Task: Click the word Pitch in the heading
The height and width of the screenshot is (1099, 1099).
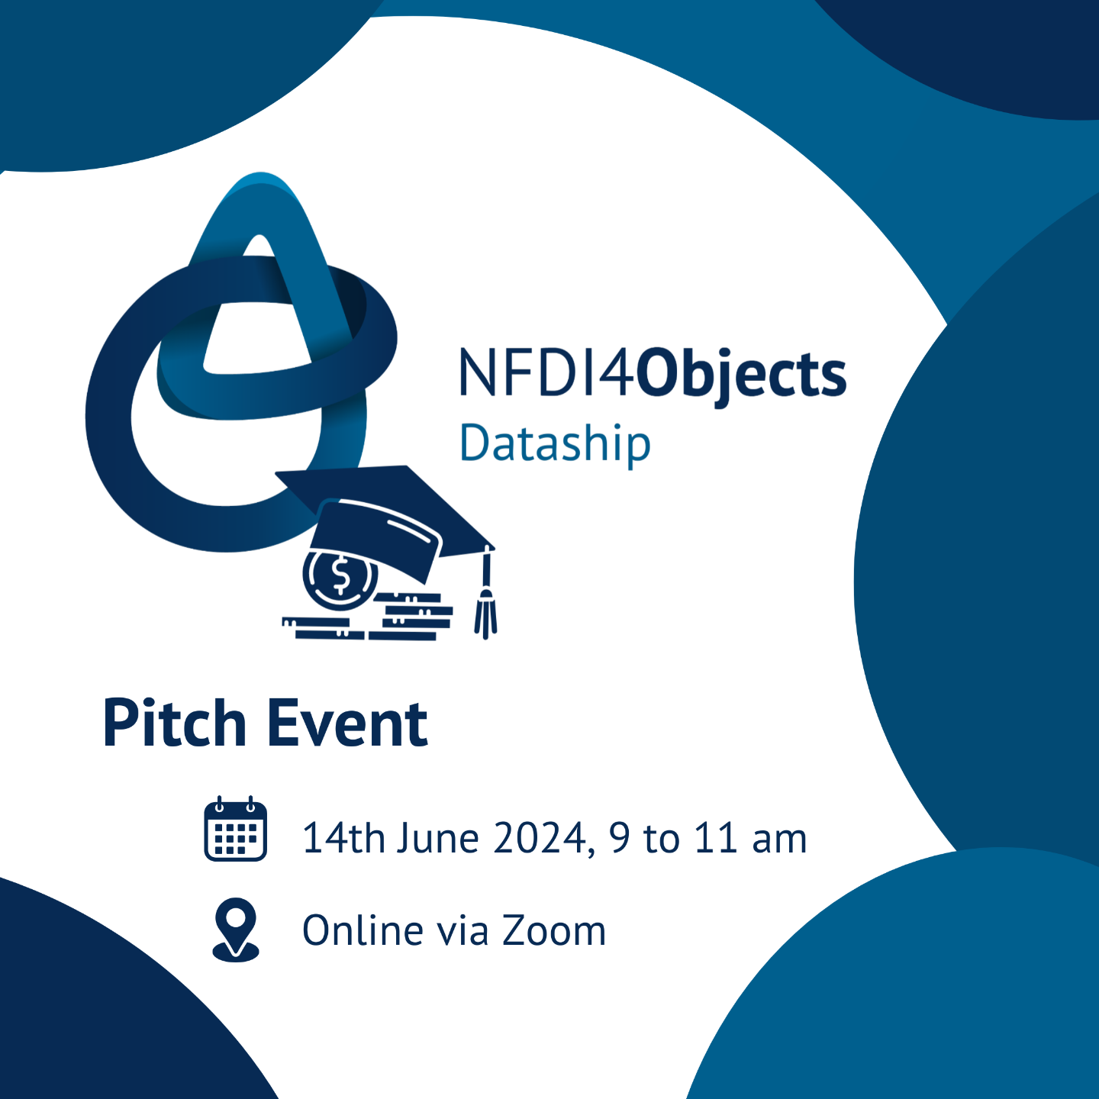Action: [x=175, y=724]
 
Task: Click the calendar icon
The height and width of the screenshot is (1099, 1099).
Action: [x=236, y=828]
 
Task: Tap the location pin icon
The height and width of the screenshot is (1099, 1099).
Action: [x=236, y=931]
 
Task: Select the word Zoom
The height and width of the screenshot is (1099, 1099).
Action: [x=554, y=931]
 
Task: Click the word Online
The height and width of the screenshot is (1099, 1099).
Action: [x=363, y=930]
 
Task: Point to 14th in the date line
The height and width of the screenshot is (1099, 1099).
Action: [x=344, y=838]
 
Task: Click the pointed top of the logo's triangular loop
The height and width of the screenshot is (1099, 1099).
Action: [x=260, y=178]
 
